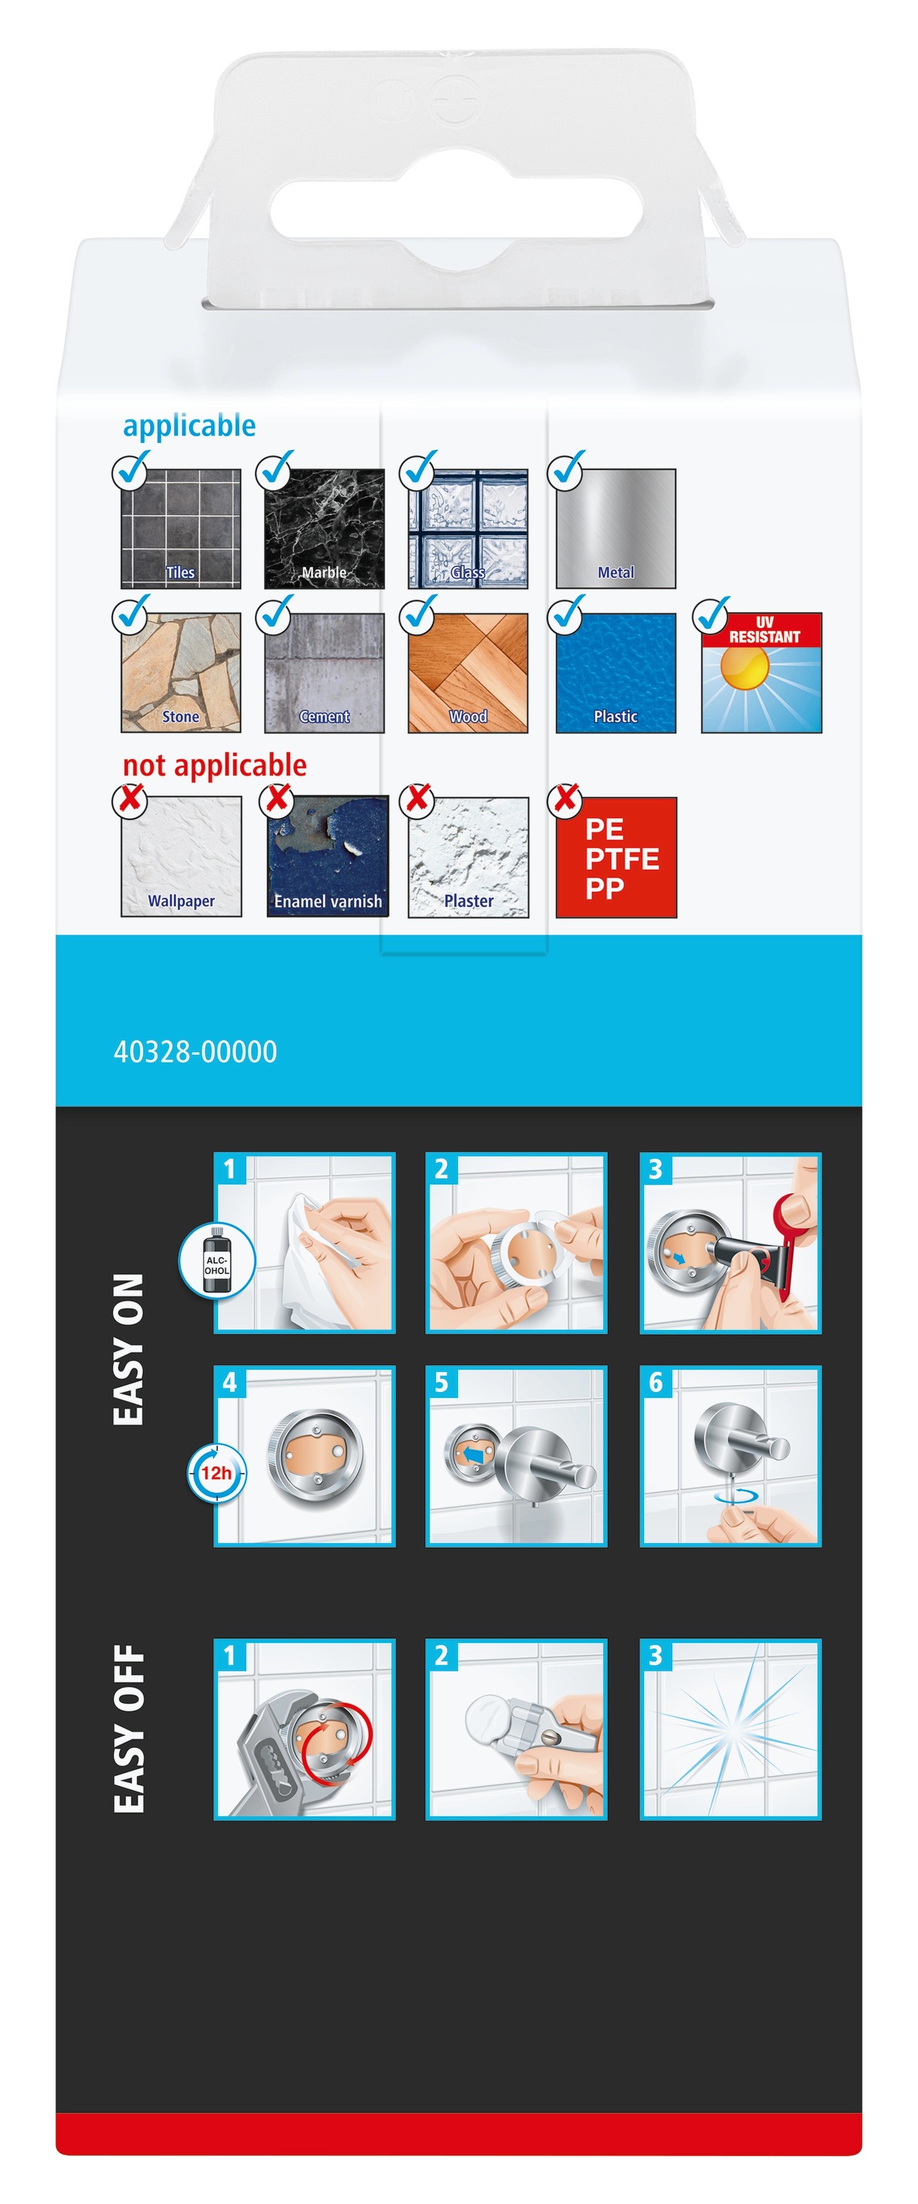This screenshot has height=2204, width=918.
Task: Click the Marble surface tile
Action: pyautogui.click(x=324, y=529)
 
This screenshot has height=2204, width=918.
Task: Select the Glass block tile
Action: pyautogui.click(x=468, y=529)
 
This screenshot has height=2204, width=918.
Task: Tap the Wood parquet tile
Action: pyautogui.click(x=468, y=672)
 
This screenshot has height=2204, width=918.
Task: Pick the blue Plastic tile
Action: pyautogui.click(x=616, y=672)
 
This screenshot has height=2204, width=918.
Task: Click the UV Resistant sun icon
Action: pyautogui.click(x=762, y=672)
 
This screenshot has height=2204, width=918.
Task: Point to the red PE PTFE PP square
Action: pyautogui.click(x=616, y=858)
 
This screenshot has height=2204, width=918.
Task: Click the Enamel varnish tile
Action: pyautogui.click(x=327, y=856)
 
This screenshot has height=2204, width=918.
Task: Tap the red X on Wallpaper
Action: pyautogui.click(x=130, y=799)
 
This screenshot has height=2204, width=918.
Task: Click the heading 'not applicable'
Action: pyautogui.click(x=215, y=765)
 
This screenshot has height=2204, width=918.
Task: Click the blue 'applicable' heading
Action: pyautogui.click(x=189, y=426)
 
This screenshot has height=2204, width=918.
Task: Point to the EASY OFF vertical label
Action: pyautogui.click(x=129, y=1728)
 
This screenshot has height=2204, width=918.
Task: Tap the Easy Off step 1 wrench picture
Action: pyautogui.click(x=305, y=1729)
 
